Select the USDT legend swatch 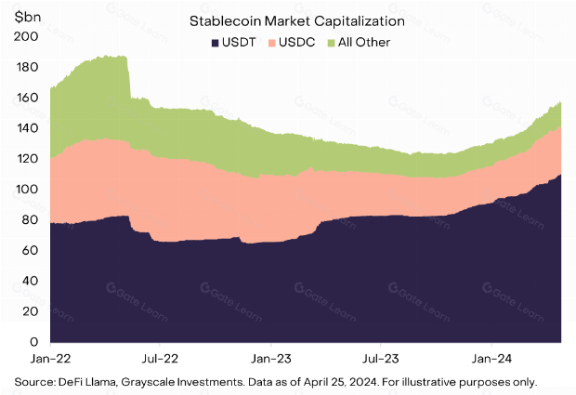(x=216, y=43)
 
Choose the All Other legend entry (x=357, y=43)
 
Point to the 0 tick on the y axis (x=33, y=342)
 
